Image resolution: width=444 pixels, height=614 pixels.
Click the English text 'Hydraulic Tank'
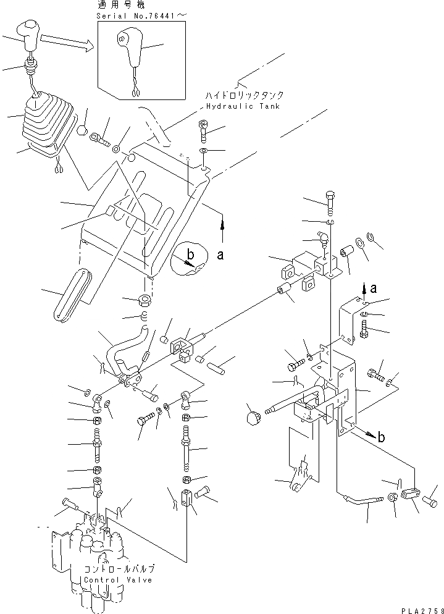[x=240, y=106]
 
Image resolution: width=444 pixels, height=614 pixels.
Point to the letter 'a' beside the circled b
[x=219, y=256]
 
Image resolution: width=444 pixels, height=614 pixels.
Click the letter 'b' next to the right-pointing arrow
[x=382, y=437]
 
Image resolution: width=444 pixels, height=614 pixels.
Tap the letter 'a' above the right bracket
[x=373, y=287]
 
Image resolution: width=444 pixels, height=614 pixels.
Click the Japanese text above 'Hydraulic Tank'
[x=245, y=96]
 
